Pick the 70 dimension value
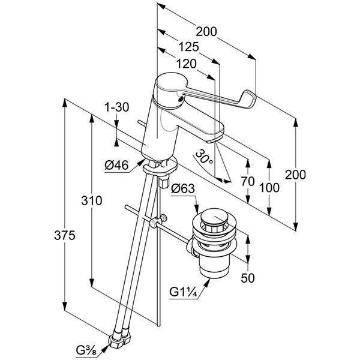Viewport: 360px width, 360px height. pyautogui.click(x=248, y=181)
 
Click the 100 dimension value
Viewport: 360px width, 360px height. pyautogui.click(x=270, y=187)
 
